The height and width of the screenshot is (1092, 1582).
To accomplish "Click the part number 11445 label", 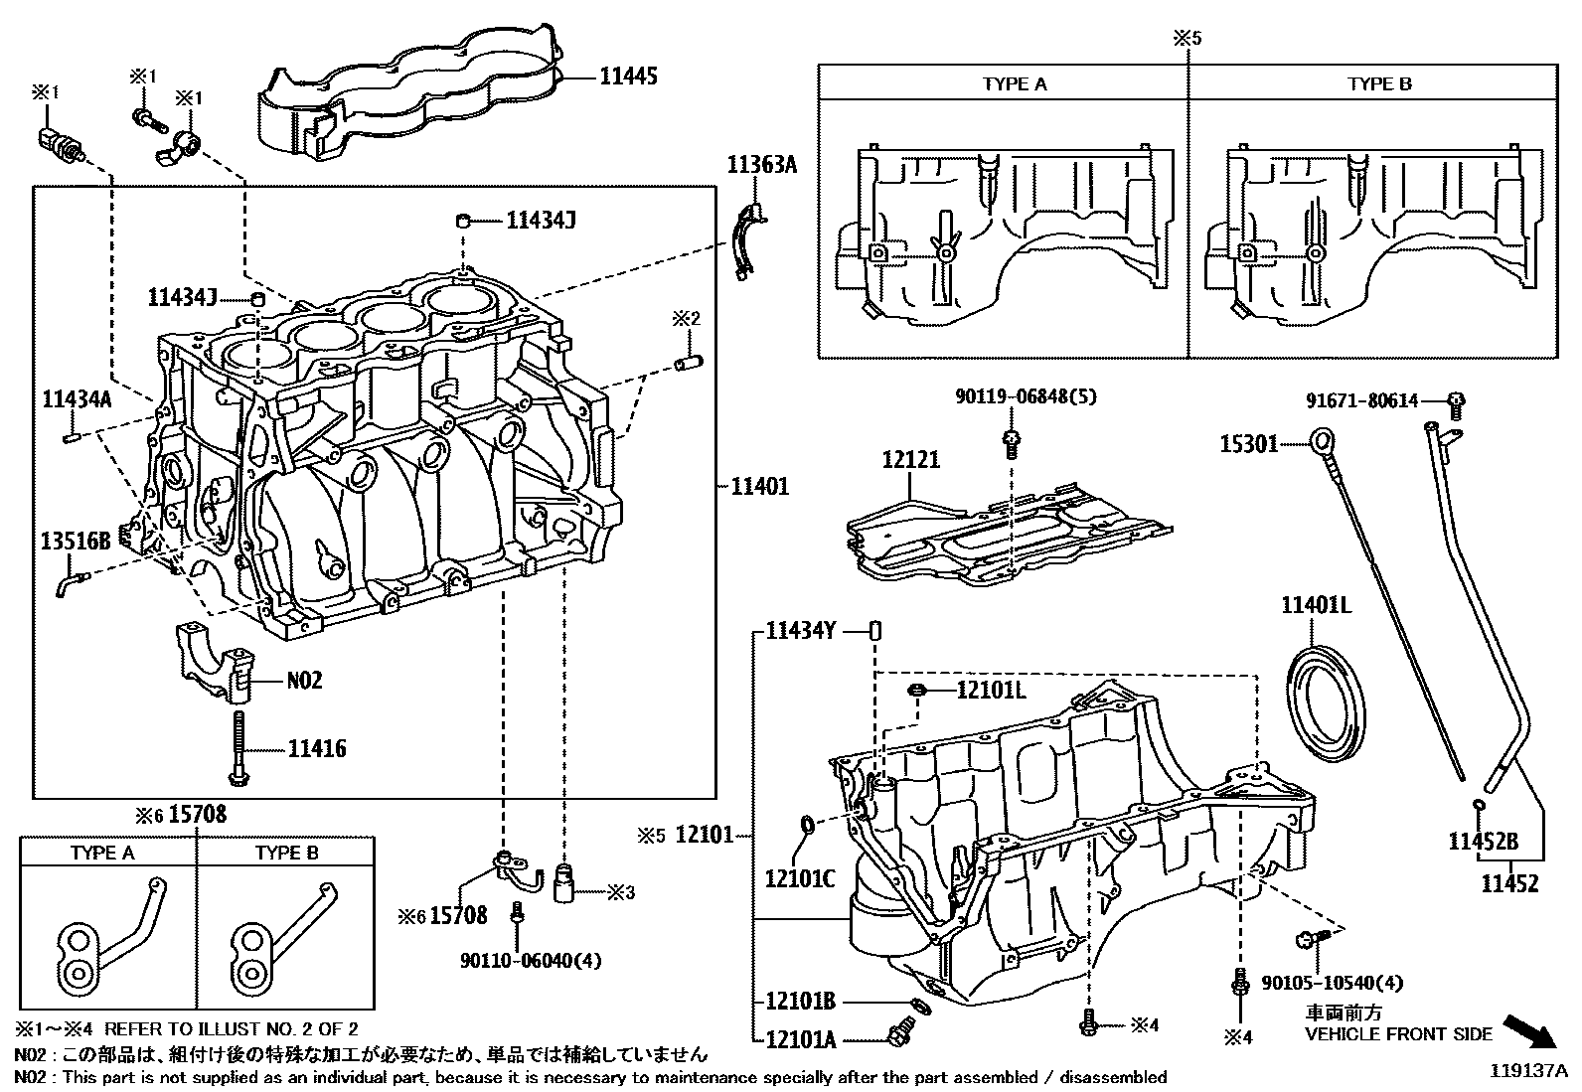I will pos(628,76).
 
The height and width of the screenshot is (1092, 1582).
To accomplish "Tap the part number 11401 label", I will pos(760,486).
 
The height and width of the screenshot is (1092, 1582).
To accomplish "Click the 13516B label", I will pos(76,541).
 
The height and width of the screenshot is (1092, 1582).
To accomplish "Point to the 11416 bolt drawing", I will pos(239,748).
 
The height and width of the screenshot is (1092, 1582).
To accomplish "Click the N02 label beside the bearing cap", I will pos(304,681).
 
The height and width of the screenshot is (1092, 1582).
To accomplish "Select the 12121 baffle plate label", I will pos(910,460).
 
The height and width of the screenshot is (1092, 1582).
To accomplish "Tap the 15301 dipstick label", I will pos(1249,443).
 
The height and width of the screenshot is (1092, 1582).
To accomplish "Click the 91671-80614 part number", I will pos(1361,400).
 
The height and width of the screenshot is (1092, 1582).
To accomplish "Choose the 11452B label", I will pos(1483,843).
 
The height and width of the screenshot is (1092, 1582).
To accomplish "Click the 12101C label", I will pos(800,877).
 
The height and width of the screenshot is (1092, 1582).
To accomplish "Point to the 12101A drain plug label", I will pos(801,1039).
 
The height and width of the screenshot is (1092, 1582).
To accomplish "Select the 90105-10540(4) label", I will pos(1332,983).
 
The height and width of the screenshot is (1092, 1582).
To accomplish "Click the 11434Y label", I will pos(801,631).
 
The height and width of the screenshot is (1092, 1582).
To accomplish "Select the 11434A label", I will pos(77,399).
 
